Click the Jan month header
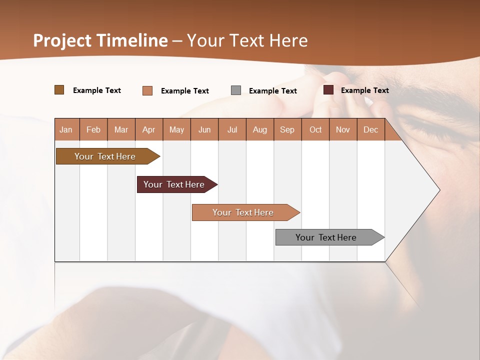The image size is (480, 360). pos(66,129)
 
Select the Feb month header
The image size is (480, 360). pos(93,129)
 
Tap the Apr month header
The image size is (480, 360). pos(148,129)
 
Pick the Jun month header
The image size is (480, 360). pos(204,129)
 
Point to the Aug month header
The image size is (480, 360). pos(259,129)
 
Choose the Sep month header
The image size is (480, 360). pos(287,129)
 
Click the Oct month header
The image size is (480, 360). pos(315,129)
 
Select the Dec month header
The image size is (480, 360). pos(370,129)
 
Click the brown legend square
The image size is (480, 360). pos(59,90)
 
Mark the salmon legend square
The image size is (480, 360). pos(147,90)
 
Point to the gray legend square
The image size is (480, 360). pos(236,90)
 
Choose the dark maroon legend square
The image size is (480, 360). pos(328,90)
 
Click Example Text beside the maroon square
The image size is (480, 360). pos(364,90)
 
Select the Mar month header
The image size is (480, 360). pos(121,129)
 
